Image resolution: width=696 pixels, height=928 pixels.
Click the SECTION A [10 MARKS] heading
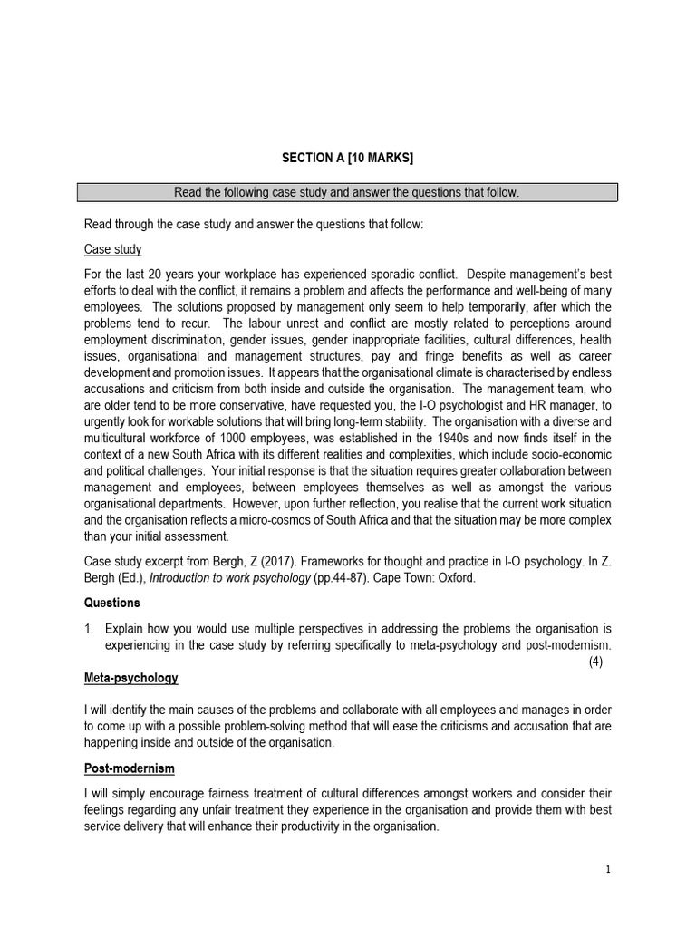pos(347,158)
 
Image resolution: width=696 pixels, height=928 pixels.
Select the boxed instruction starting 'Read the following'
pos(347,193)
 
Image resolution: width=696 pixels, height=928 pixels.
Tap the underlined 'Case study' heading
pos(112,249)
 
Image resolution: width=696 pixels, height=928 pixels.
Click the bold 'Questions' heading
pos(112,602)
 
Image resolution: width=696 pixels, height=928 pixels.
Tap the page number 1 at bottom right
pos(608,869)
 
